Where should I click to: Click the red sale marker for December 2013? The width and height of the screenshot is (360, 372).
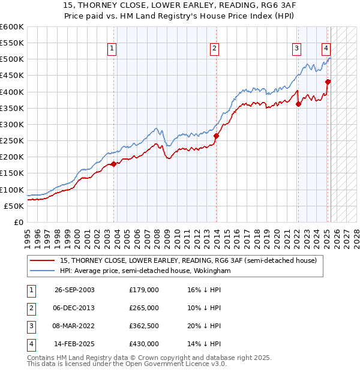pos(217,136)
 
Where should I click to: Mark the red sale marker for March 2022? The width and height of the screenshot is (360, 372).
pos(298,104)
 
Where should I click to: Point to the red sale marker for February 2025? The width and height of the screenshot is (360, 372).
pos(328,82)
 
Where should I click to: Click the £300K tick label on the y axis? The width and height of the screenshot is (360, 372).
pos(11,124)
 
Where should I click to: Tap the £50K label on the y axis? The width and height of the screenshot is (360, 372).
pos(14,206)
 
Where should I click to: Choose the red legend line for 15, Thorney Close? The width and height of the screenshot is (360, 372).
pos(43,260)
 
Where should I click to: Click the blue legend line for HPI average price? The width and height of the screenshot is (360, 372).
pos(43,271)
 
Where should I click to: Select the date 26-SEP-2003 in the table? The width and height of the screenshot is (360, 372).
pos(74,290)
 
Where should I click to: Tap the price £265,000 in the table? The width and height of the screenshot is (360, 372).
pos(144,308)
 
